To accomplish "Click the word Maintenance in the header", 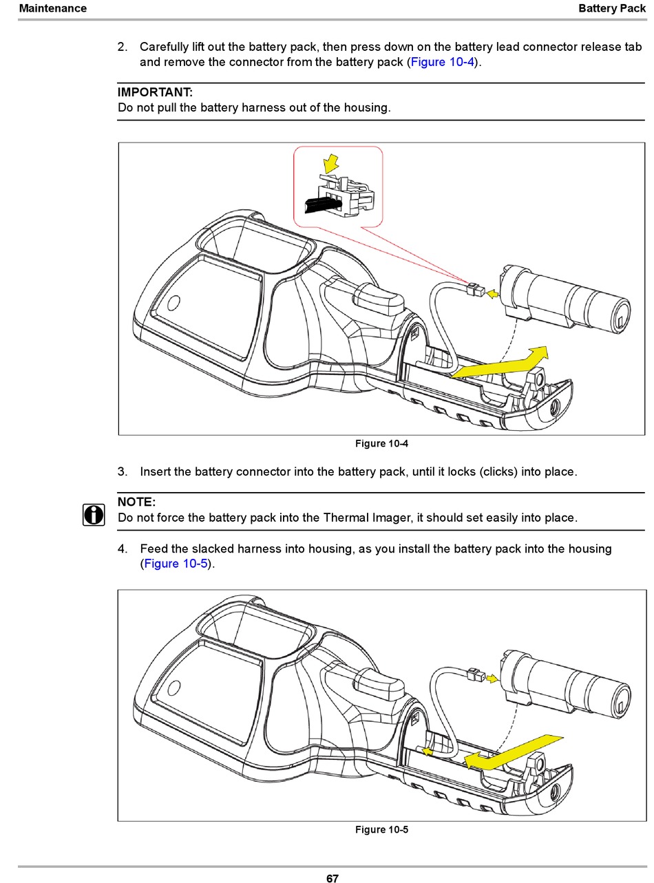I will click(x=52, y=8).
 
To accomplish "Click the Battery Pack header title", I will click(x=611, y=8).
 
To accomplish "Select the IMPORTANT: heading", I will click(x=155, y=92).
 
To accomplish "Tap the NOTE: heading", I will click(x=136, y=502).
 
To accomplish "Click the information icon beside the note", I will click(x=94, y=514).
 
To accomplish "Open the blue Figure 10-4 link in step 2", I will click(x=442, y=62).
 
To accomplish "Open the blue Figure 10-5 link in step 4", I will click(x=175, y=564).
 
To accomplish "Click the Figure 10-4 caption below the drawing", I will click(x=381, y=444).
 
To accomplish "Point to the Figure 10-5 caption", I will click(x=381, y=829).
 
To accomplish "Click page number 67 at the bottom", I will click(x=332, y=878).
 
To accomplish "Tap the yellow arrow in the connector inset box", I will click(x=332, y=163).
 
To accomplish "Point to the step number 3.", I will click(x=122, y=472).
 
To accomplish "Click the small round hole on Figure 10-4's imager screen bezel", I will click(x=173, y=303).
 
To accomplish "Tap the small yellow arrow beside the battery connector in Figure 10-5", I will click(x=492, y=679).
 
